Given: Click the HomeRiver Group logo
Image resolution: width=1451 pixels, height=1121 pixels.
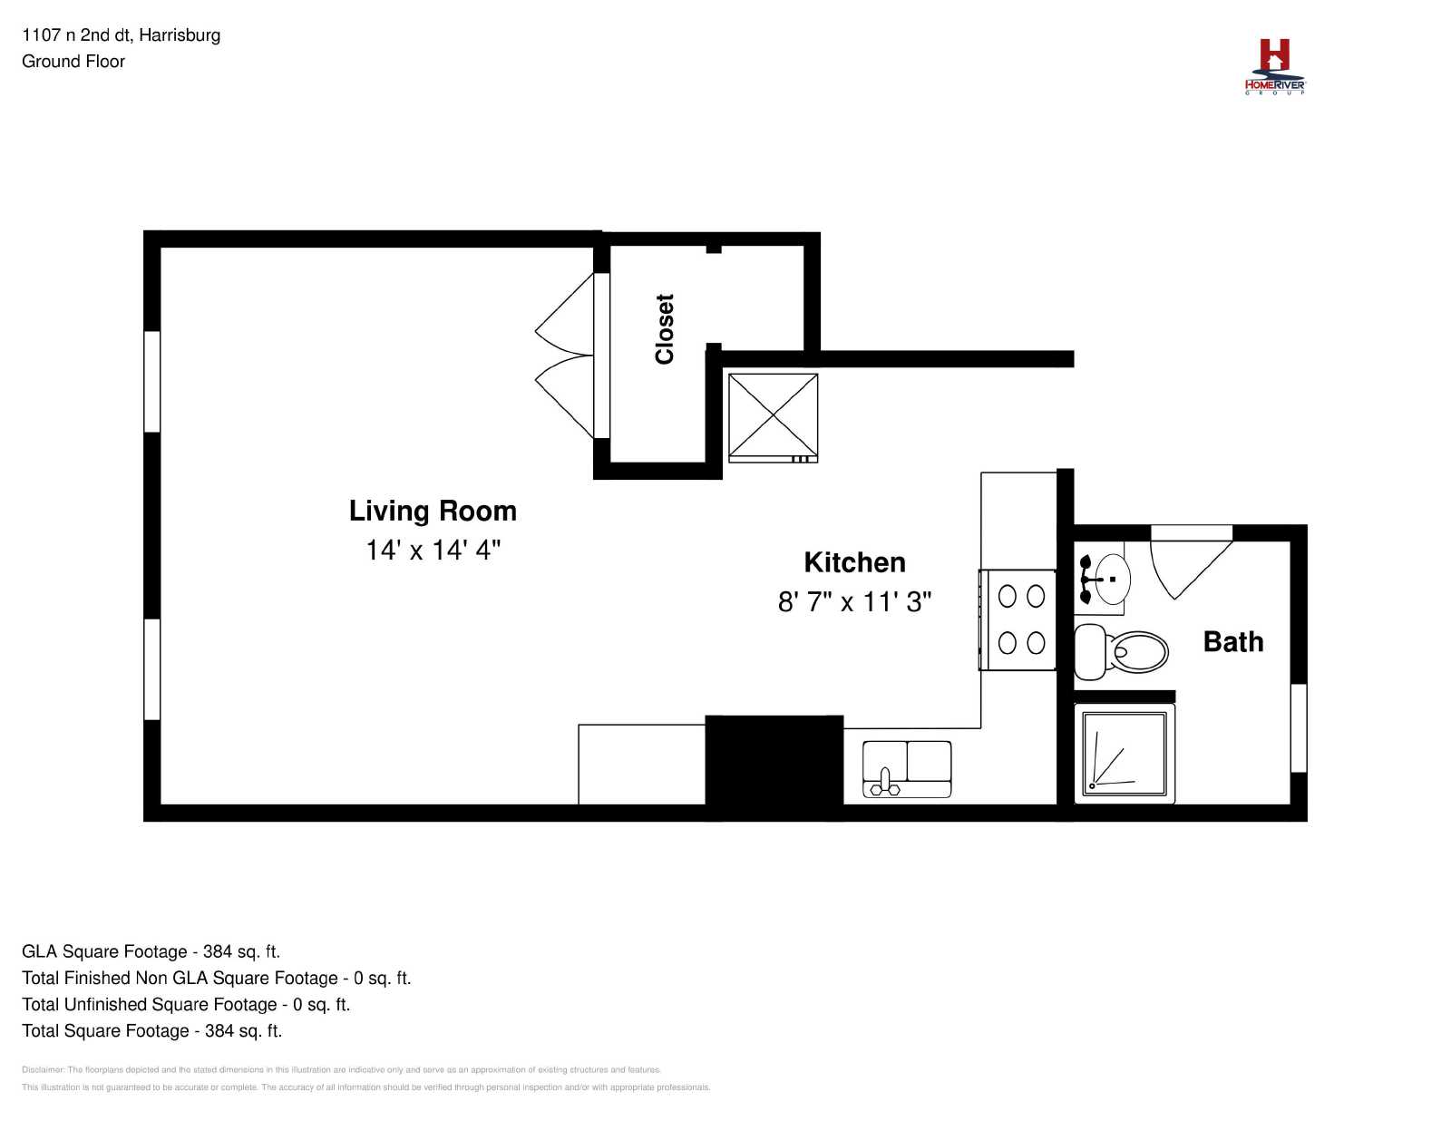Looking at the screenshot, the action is [1274, 67].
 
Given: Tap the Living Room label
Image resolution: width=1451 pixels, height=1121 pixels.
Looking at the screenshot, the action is [433, 512].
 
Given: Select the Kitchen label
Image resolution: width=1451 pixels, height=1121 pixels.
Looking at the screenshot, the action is [854, 563].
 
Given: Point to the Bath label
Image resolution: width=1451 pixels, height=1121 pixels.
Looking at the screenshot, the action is [1233, 641].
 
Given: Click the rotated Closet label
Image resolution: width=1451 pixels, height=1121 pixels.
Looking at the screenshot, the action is [665, 329].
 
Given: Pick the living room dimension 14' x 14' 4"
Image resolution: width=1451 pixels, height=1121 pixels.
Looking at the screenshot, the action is [433, 551].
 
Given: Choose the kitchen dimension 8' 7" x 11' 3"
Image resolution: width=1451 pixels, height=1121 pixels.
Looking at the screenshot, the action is [854, 601].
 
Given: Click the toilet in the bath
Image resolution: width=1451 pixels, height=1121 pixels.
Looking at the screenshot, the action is [1121, 651].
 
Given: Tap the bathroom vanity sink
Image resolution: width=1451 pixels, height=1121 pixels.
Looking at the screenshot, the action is [1103, 579].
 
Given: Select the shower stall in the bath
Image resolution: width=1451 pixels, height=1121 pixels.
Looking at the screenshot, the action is [1125, 754].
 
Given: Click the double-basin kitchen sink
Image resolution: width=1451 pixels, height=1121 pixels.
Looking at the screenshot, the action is [907, 769].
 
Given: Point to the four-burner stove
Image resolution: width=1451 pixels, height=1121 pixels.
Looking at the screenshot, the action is [1018, 619].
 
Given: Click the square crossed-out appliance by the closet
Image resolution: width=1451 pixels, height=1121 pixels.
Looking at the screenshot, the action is [773, 418].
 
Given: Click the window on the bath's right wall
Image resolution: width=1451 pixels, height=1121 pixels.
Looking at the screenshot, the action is [1299, 727].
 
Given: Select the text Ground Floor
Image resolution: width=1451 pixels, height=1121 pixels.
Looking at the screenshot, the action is [73, 62].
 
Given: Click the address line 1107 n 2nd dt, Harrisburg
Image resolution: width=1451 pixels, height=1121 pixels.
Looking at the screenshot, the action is [121, 34].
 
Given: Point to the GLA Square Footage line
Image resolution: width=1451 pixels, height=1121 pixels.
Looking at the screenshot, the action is [151, 951].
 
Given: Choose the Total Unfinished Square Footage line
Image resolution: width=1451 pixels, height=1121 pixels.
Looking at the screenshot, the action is [186, 1004].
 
